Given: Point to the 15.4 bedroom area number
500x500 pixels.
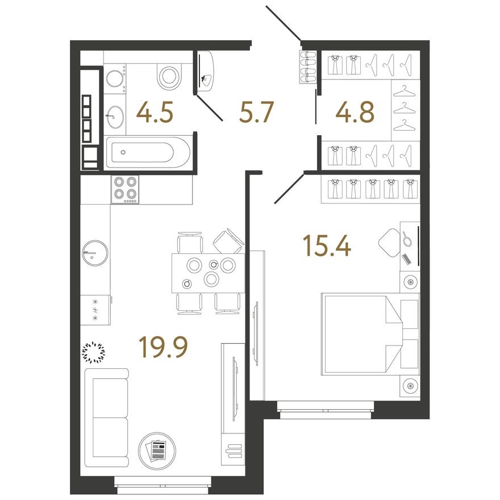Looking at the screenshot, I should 327,246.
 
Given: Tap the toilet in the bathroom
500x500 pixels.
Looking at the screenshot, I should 169,76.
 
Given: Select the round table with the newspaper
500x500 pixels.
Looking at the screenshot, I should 156,451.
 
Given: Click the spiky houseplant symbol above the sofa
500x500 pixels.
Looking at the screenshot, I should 94,352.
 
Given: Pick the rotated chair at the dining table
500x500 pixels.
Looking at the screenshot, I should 228,241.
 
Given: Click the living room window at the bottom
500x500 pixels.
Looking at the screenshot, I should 163,482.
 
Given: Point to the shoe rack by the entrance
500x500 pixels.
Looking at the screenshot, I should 309,68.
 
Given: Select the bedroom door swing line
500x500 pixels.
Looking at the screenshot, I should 289,189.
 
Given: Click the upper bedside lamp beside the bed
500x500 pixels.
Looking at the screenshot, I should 410,282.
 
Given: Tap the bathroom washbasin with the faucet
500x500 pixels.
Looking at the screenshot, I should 114,118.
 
